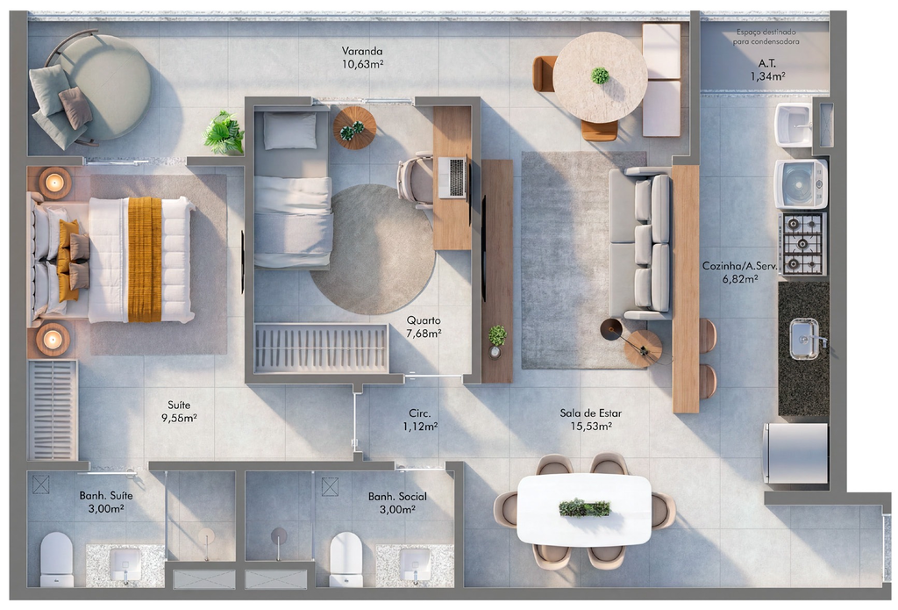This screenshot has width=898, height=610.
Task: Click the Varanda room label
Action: tap(362, 51)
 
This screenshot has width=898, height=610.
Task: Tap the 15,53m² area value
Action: tap(590, 426)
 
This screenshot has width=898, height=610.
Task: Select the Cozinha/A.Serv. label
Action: tap(738, 266)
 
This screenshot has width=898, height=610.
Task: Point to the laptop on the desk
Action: tap(453, 177)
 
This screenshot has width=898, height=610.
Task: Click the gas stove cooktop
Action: tap(802, 244)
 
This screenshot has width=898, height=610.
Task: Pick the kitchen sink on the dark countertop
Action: tap(804, 339)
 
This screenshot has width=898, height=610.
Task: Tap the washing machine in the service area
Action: tap(801, 183)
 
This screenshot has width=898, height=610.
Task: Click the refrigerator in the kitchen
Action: tap(796, 454)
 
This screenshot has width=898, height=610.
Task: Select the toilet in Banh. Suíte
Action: tap(56, 559)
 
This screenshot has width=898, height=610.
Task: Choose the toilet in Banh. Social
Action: tap(346, 559)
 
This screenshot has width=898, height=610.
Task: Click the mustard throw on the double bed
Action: tap(145, 260)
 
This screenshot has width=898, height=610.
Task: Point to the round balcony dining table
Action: tap(600, 77)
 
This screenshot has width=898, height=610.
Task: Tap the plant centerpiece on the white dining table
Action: tap(584, 508)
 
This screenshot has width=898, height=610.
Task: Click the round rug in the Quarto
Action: tap(373, 249)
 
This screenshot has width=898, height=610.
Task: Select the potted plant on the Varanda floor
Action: tap(224, 133)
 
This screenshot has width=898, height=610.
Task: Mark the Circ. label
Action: tap(419, 413)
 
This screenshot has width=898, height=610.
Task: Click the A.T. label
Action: tap(766, 63)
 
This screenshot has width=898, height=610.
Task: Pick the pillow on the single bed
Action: tap(289, 131)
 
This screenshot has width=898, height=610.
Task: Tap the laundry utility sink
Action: tap(793, 125)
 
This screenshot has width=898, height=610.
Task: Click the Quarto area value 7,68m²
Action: tap(424, 334)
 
